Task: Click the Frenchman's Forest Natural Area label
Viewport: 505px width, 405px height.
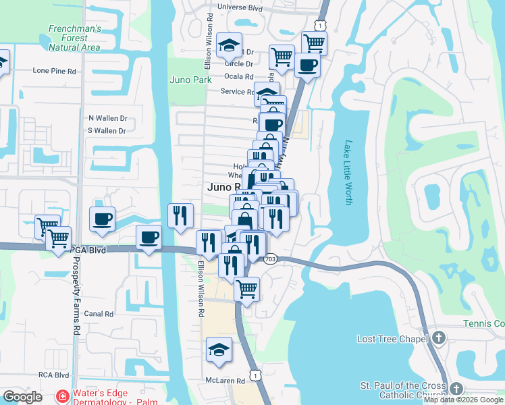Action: tap(74, 38)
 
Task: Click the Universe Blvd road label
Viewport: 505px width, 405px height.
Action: tap(240, 8)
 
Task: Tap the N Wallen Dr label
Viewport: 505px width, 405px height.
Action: tap(108, 118)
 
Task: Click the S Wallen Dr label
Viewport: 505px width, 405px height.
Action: tap(107, 130)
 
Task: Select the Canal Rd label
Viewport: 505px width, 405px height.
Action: tap(98, 314)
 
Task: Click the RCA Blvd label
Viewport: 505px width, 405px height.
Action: tap(53, 375)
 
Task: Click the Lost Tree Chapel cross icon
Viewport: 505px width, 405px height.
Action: tap(439, 337)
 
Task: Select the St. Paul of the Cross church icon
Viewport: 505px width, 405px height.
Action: tap(457, 389)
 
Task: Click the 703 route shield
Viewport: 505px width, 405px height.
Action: tap(271, 259)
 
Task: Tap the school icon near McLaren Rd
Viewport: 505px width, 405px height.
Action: tap(219, 350)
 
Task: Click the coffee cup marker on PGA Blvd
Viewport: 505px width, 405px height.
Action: tap(149, 237)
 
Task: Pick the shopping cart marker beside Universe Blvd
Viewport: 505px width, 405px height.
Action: tap(315, 43)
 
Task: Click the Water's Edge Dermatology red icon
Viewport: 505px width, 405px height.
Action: tap(62, 396)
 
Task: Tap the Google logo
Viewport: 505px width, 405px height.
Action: tap(22, 397)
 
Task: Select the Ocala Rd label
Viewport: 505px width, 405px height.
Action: tap(240, 77)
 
